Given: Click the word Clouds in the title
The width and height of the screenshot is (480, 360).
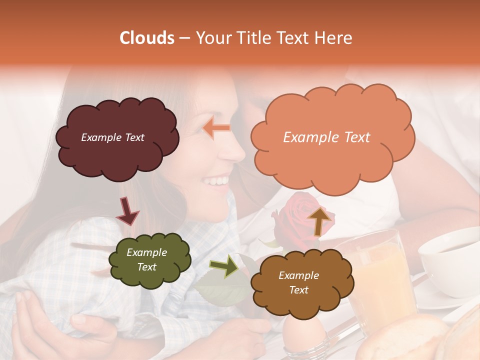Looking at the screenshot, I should pos(147,38).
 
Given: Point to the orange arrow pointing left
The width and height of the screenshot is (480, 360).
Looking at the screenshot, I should pos(216,128).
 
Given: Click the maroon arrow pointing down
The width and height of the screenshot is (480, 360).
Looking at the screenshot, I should pos(127,210).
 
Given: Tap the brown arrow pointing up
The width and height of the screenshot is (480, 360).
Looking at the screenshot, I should pos(320,220).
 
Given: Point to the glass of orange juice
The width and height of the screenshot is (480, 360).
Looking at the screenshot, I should pos(380,280).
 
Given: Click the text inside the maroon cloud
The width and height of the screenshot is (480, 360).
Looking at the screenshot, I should pos(112,137).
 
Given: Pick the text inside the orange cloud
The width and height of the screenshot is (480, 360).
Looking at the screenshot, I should pos(326,137).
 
